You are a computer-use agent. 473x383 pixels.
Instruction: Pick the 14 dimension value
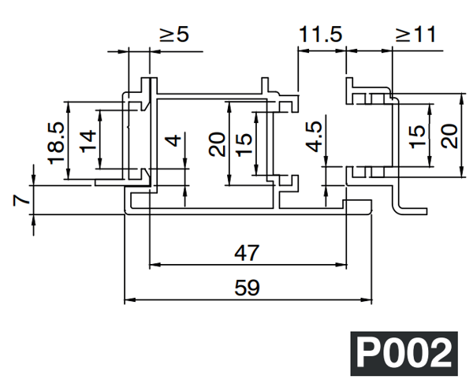[88, 140]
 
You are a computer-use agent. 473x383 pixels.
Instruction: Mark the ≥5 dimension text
[174, 35]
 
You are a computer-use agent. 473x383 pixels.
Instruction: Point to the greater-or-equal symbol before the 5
[166, 35]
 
